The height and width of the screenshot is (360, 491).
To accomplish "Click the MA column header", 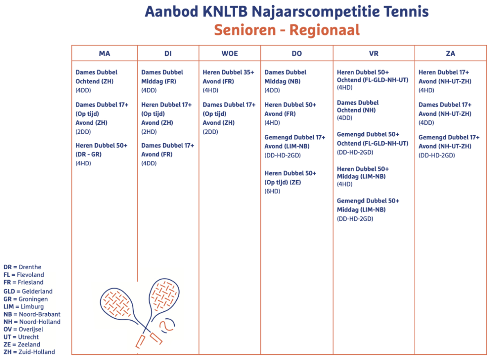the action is pos(105,54).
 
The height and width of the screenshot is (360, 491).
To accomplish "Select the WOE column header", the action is pos(230,54).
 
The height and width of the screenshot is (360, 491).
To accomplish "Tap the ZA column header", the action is pos(450,54).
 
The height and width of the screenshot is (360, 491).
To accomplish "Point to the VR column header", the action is pos(374,54).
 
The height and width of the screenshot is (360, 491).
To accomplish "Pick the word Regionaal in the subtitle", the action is pos(324,30).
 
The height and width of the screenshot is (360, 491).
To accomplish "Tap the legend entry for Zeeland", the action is pos(22,344).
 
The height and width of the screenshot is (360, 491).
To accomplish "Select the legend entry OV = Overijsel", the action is pos(23,329).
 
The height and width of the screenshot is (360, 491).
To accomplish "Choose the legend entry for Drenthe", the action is pos(23,267).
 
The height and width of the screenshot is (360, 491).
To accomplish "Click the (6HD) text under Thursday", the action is pos(272,191).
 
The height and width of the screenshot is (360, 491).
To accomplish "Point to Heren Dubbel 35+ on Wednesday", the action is pos(228,72).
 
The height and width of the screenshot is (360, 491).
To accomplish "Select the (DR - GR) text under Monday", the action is pos(88,155).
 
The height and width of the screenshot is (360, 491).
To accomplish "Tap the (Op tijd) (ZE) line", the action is pos(283,182).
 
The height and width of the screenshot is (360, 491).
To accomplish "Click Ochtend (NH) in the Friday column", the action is pos(356,110).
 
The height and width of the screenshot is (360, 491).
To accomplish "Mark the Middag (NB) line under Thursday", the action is pos(282,81).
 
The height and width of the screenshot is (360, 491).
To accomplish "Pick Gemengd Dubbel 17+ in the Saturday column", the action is pos(449,137).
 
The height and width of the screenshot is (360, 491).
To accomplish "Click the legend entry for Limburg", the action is pos(24,306).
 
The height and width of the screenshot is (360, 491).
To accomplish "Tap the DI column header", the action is pos(168,54).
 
